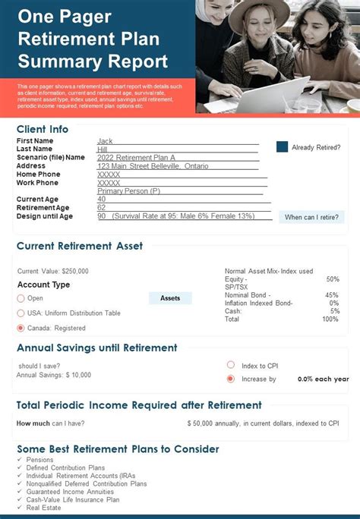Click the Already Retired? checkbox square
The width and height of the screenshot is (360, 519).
click(282, 147)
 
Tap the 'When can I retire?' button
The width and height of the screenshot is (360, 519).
click(311, 217)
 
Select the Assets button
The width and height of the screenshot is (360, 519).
click(170, 298)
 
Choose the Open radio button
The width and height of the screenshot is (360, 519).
click(21, 298)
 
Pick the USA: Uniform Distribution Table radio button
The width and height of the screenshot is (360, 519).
click(21, 313)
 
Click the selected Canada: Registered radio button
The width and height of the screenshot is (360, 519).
click(21, 329)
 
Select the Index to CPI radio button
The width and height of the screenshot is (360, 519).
click(231, 364)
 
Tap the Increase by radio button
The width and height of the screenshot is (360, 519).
click(231, 379)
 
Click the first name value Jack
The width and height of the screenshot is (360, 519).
click(105, 141)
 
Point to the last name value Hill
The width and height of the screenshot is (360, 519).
click(103, 149)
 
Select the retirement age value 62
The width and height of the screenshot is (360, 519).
click(102, 208)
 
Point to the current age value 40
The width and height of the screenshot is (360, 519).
click(102, 200)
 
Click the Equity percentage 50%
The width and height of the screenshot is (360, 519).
click(332, 279)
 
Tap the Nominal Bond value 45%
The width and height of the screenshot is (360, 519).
click(331, 295)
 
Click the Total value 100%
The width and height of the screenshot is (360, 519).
click(330, 319)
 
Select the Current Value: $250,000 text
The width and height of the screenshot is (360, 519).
click(53, 271)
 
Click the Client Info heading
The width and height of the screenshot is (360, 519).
click(43, 129)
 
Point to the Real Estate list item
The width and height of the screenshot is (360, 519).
click(45, 508)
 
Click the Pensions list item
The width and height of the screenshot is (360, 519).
click(39, 460)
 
